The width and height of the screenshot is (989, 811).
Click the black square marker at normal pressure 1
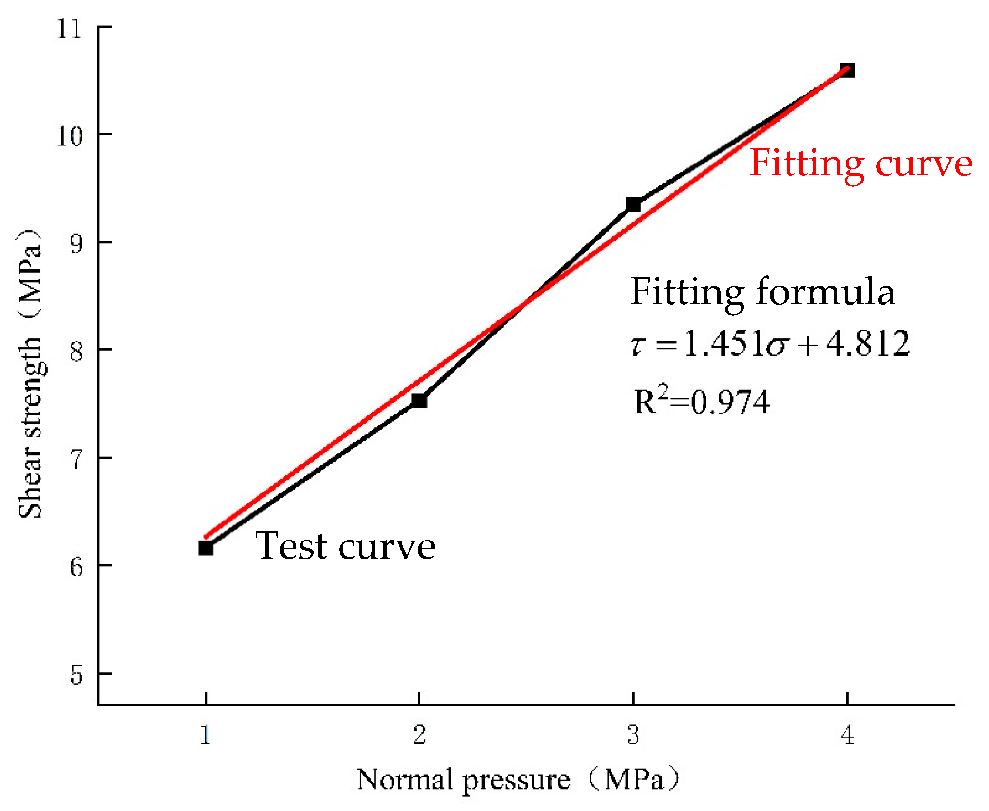tap(206, 548)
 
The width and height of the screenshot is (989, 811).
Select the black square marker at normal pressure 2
tap(419, 400)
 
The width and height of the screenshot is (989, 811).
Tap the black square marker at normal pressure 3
tap(633, 204)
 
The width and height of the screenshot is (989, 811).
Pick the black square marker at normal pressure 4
tap(847, 70)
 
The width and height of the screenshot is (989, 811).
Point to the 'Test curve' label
tap(345, 546)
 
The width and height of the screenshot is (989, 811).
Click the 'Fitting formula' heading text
tap(762, 291)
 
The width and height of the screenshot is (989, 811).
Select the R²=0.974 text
tap(702, 401)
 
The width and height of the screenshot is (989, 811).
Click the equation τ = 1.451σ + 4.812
tap(770, 344)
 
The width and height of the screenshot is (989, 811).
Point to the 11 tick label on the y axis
tap(69, 29)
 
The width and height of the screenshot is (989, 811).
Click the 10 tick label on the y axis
tap(69, 136)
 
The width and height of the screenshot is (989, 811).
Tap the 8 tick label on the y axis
tap(76, 352)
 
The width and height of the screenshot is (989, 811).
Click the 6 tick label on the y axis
tap(76, 567)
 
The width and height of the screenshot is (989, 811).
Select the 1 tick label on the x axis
tap(205, 735)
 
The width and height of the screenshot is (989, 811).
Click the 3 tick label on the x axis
tap(633, 735)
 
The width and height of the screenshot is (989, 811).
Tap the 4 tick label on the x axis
tap(847, 735)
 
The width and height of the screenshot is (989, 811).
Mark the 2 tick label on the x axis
tap(419, 735)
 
